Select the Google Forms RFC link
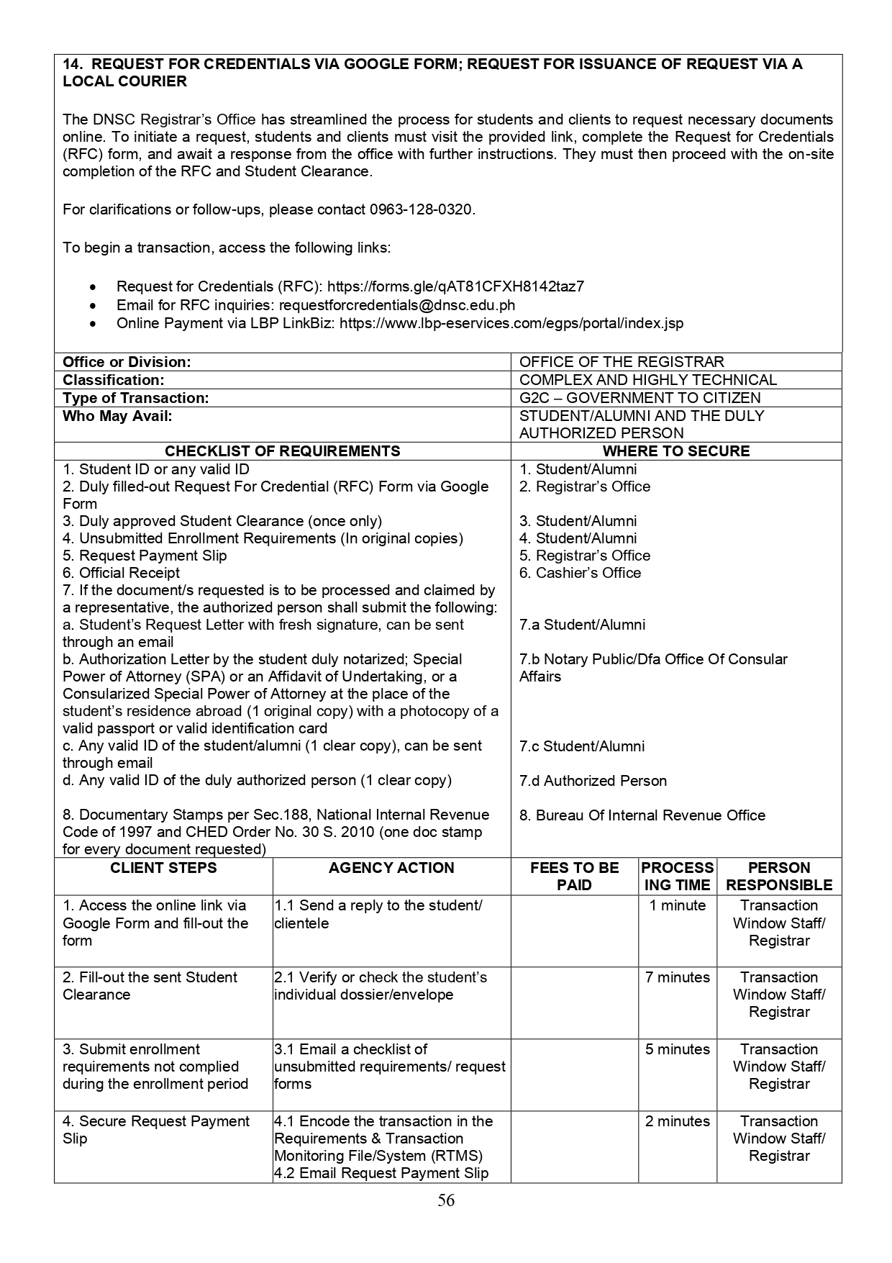[x=455, y=286]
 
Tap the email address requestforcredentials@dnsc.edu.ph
[x=397, y=305]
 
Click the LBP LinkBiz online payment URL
[x=511, y=323]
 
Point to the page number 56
[x=446, y=1200]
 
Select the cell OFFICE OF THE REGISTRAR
[x=622, y=362]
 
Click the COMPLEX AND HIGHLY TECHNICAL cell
[x=647, y=380]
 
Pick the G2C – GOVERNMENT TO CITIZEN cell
[x=640, y=398]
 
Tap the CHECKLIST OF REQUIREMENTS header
[x=282, y=451]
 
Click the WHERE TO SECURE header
[x=675, y=451]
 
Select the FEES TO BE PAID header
[x=574, y=877]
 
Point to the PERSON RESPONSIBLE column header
[x=779, y=877]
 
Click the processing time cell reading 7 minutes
[x=678, y=977]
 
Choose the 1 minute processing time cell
[x=678, y=905]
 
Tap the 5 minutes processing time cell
[x=678, y=1049]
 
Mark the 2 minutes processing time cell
[x=678, y=1121]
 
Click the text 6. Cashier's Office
[x=580, y=573]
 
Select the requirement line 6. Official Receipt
[x=121, y=573]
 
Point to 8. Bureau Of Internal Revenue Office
[x=642, y=815]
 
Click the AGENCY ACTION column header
[x=391, y=868]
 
